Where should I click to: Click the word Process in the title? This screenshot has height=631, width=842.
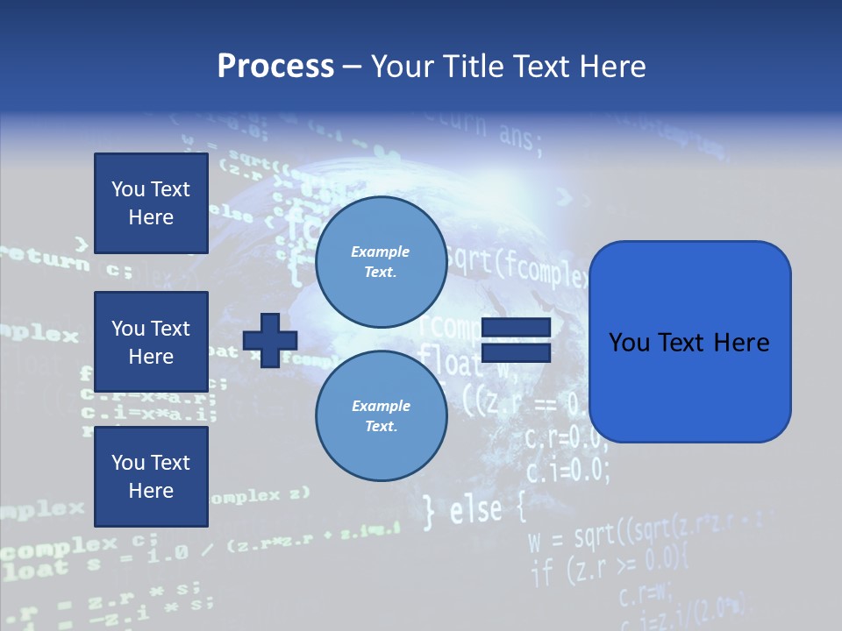[x=275, y=67]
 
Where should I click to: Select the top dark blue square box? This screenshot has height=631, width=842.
[x=151, y=203]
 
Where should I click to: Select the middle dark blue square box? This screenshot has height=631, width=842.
[x=151, y=342]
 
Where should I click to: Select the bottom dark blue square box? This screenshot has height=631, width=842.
[x=151, y=477]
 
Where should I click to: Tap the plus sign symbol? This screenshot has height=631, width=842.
[x=270, y=340]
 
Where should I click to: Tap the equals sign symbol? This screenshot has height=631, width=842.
[x=517, y=340]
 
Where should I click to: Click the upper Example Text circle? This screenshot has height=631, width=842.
[x=381, y=261]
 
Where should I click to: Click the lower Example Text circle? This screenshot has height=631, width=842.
[x=381, y=415]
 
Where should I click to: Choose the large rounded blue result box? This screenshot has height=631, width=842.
[x=689, y=342]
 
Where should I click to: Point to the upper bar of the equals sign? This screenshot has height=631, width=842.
[x=517, y=328]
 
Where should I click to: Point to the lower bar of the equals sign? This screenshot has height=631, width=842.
[x=517, y=352]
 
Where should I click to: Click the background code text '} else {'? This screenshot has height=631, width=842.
[x=474, y=511]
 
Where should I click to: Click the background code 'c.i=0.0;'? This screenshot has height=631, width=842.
[x=567, y=471]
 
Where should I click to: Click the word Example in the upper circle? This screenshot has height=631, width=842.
[x=380, y=252]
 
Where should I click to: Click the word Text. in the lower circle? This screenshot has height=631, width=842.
[x=381, y=426]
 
